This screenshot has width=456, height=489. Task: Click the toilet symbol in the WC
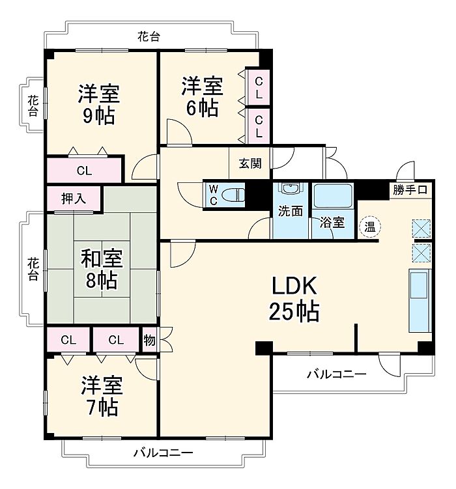coord(233,195)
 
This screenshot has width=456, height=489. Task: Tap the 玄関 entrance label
coord(250,163)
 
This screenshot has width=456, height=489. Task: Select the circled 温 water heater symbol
coord(370,227)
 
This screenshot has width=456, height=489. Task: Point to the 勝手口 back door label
coord(410,189)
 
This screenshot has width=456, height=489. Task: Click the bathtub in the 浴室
coord(332,196)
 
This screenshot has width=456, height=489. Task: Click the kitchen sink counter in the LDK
coord(420,300)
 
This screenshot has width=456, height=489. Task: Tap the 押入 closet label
coord(74,199)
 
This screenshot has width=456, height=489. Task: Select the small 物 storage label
coord(149,340)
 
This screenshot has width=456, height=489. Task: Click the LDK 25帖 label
coord(294,298)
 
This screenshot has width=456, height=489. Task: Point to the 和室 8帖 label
coord(102,269)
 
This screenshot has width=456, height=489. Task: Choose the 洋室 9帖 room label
coord(98,104)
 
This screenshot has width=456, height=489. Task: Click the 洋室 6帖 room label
coord(202,96)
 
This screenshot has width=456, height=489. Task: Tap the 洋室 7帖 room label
coord(102,396)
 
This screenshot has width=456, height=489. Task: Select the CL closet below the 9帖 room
coord(84,171)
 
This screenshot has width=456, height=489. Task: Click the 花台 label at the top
coord(149,37)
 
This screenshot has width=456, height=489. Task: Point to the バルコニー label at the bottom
coord(163,452)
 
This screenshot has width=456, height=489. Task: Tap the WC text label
coord(213,195)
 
